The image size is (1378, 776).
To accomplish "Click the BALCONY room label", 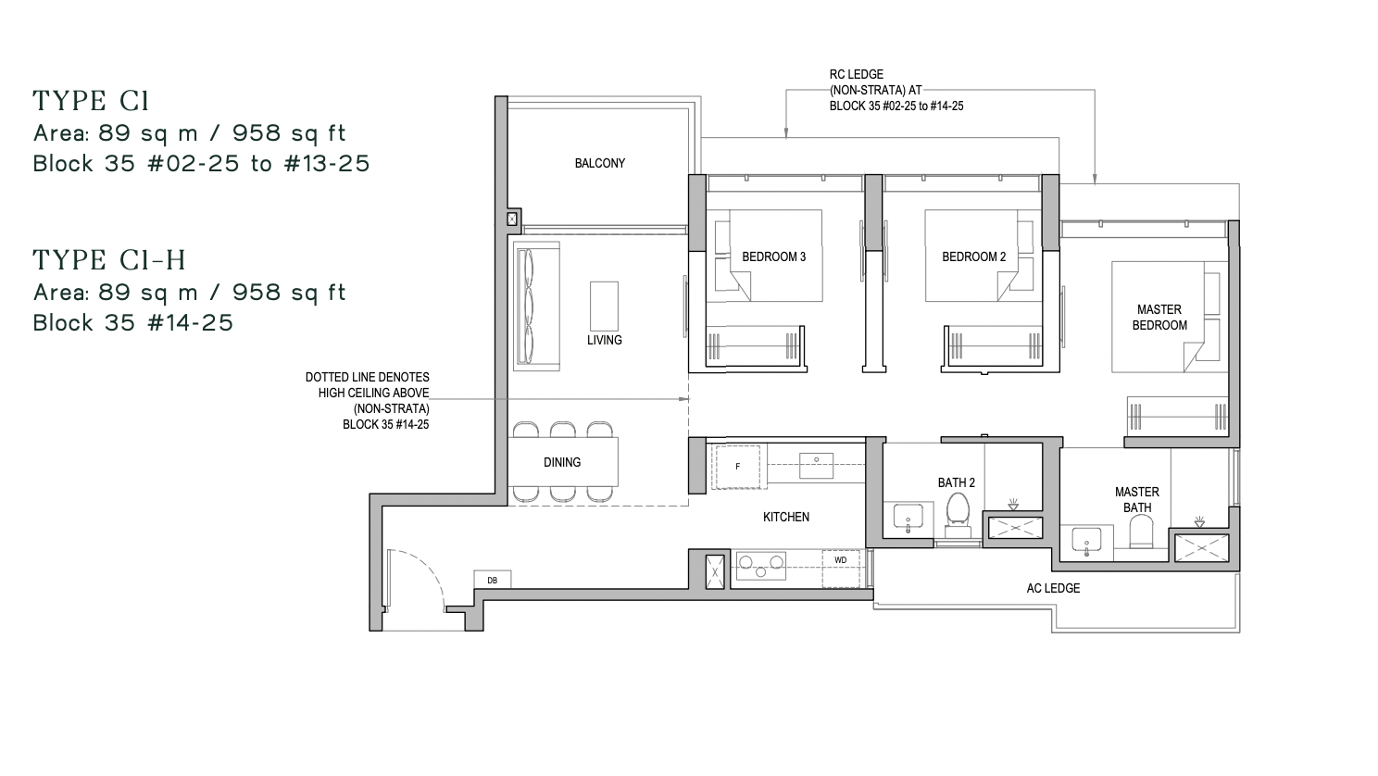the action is point(600,164).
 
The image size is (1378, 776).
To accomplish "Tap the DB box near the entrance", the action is point(492,580).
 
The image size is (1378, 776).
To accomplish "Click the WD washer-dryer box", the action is point(841,569).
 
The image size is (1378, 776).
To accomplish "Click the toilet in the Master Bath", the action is point(1141,532).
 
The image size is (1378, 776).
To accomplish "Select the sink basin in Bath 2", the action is point(908,519).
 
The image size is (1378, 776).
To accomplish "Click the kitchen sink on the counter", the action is point(817,466).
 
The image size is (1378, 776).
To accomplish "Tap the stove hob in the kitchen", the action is point(761,565).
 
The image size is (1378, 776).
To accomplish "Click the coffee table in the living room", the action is point(604,307).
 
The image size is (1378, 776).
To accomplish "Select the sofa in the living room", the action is point(536,307).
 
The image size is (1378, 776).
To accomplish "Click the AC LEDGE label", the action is point(1053,588).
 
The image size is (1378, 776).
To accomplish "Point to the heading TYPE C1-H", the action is point(109,260).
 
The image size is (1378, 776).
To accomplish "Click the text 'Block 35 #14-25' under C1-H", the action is point(132,323).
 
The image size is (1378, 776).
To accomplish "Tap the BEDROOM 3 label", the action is point(774,257).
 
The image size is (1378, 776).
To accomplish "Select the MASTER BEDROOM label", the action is point(1159,318).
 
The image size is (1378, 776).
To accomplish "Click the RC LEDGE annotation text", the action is point(896,91).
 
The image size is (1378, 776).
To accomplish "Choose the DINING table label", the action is point(562,462).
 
